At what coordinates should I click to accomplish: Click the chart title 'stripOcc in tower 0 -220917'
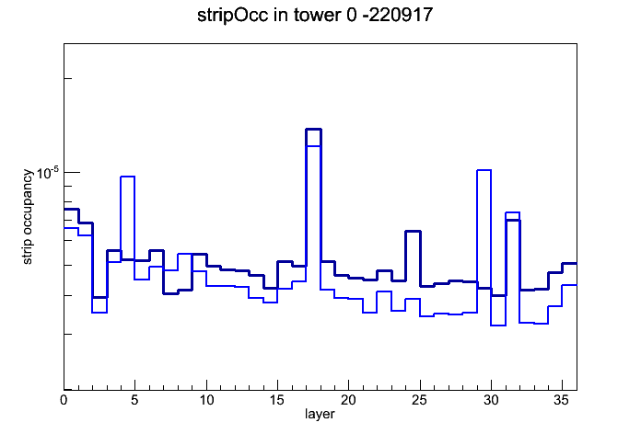tap(315, 16)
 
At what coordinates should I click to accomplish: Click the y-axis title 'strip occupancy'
tap(27, 217)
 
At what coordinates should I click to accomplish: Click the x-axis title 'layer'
tap(320, 414)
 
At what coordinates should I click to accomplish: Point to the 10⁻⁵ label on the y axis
tap(47, 173)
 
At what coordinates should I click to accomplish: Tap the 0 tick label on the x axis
tap(64, 400)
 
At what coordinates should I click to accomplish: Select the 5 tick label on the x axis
tap(134, 400)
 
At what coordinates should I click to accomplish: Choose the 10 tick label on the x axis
tap(206, 400)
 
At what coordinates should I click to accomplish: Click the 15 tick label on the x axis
tap(277, 400)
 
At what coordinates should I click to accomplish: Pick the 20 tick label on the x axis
tap(348, 400)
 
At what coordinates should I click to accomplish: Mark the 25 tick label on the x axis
tap(419, 400)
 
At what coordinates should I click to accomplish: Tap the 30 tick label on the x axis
tap(491, 400)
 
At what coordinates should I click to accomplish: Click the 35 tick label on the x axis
tap(562, 400)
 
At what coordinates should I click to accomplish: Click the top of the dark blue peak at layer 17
tap(313, 130)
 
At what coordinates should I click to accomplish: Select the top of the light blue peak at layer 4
tap(127, 177)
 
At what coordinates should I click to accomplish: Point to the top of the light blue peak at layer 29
tap(484, 170)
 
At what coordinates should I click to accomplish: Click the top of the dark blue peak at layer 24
tap(413, 232)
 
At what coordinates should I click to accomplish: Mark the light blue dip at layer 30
tap(498, 325)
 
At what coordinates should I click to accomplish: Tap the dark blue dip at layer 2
tap(99, 297)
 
